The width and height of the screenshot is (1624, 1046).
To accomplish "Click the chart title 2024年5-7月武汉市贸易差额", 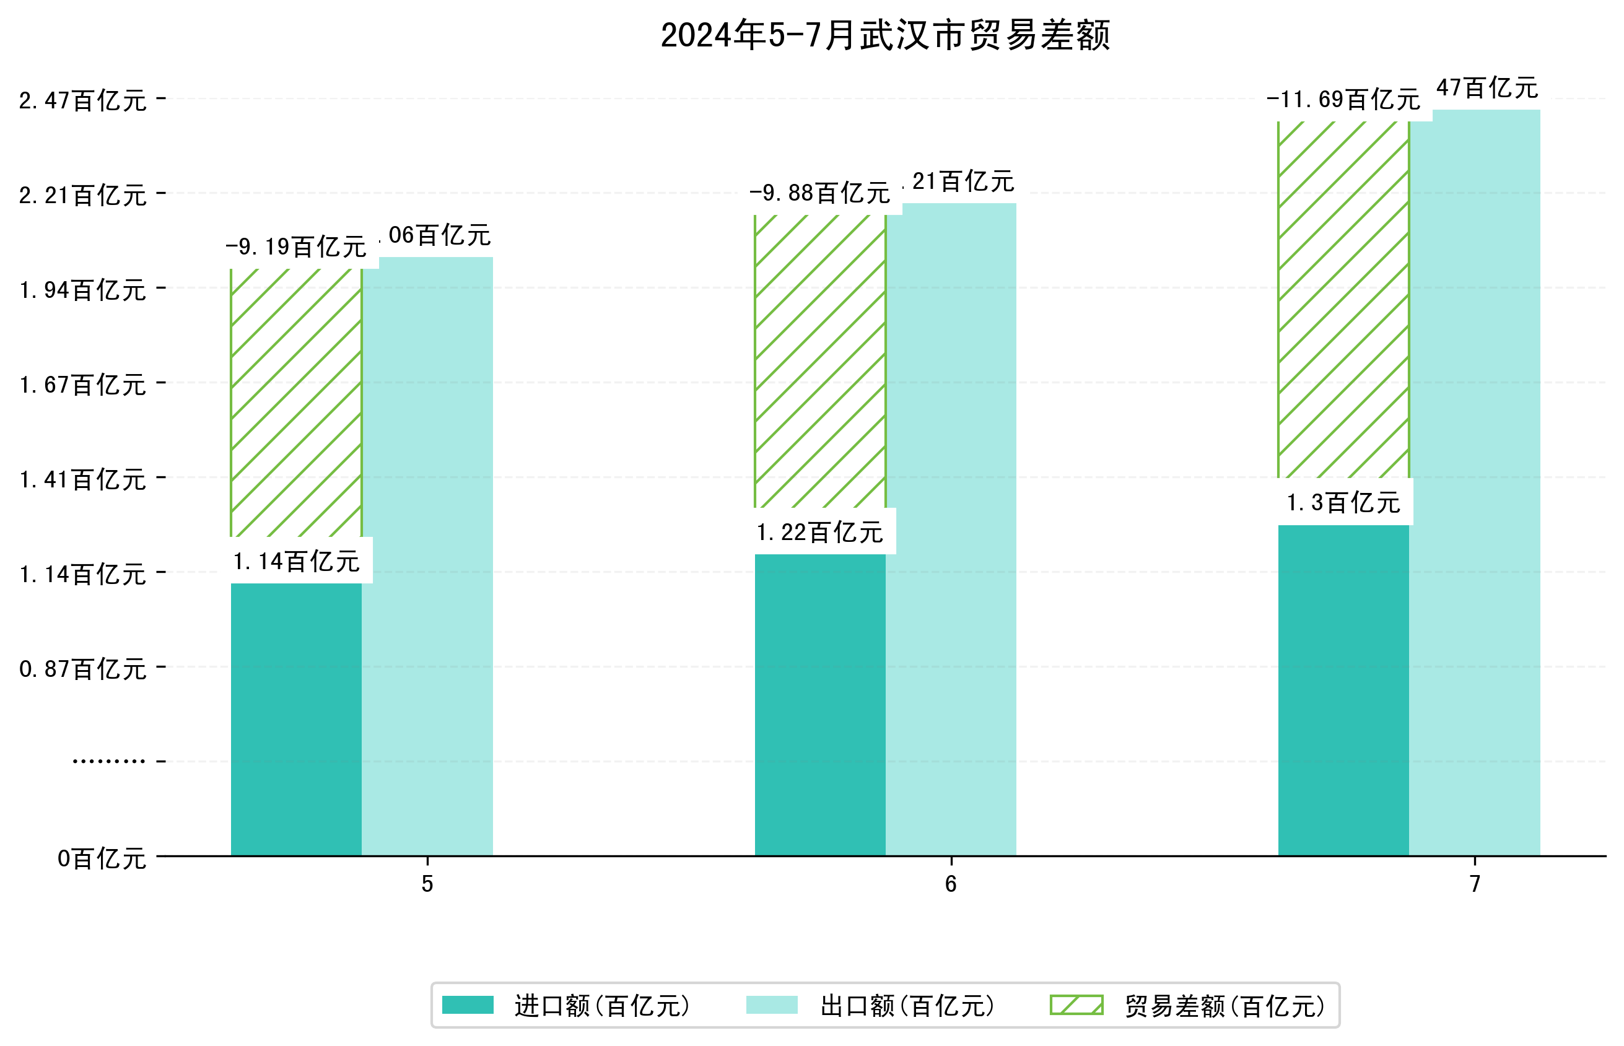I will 884,35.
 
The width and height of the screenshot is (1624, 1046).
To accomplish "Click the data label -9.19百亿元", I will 295,246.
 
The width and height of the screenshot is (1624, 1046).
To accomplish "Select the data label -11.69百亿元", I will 1342,100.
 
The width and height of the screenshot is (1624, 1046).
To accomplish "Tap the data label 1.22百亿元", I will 819,532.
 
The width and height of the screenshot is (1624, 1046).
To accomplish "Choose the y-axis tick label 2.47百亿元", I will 82,100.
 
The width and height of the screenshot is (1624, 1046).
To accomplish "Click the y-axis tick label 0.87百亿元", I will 82,669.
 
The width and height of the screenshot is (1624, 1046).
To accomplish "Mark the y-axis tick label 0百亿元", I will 101,858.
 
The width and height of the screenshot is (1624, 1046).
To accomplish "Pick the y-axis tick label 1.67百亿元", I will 82,385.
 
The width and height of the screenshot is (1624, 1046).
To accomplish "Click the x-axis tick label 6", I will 950,884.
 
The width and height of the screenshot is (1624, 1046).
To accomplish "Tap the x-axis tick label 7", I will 1474,884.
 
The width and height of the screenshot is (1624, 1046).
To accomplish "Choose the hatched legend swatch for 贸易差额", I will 1076,1005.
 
